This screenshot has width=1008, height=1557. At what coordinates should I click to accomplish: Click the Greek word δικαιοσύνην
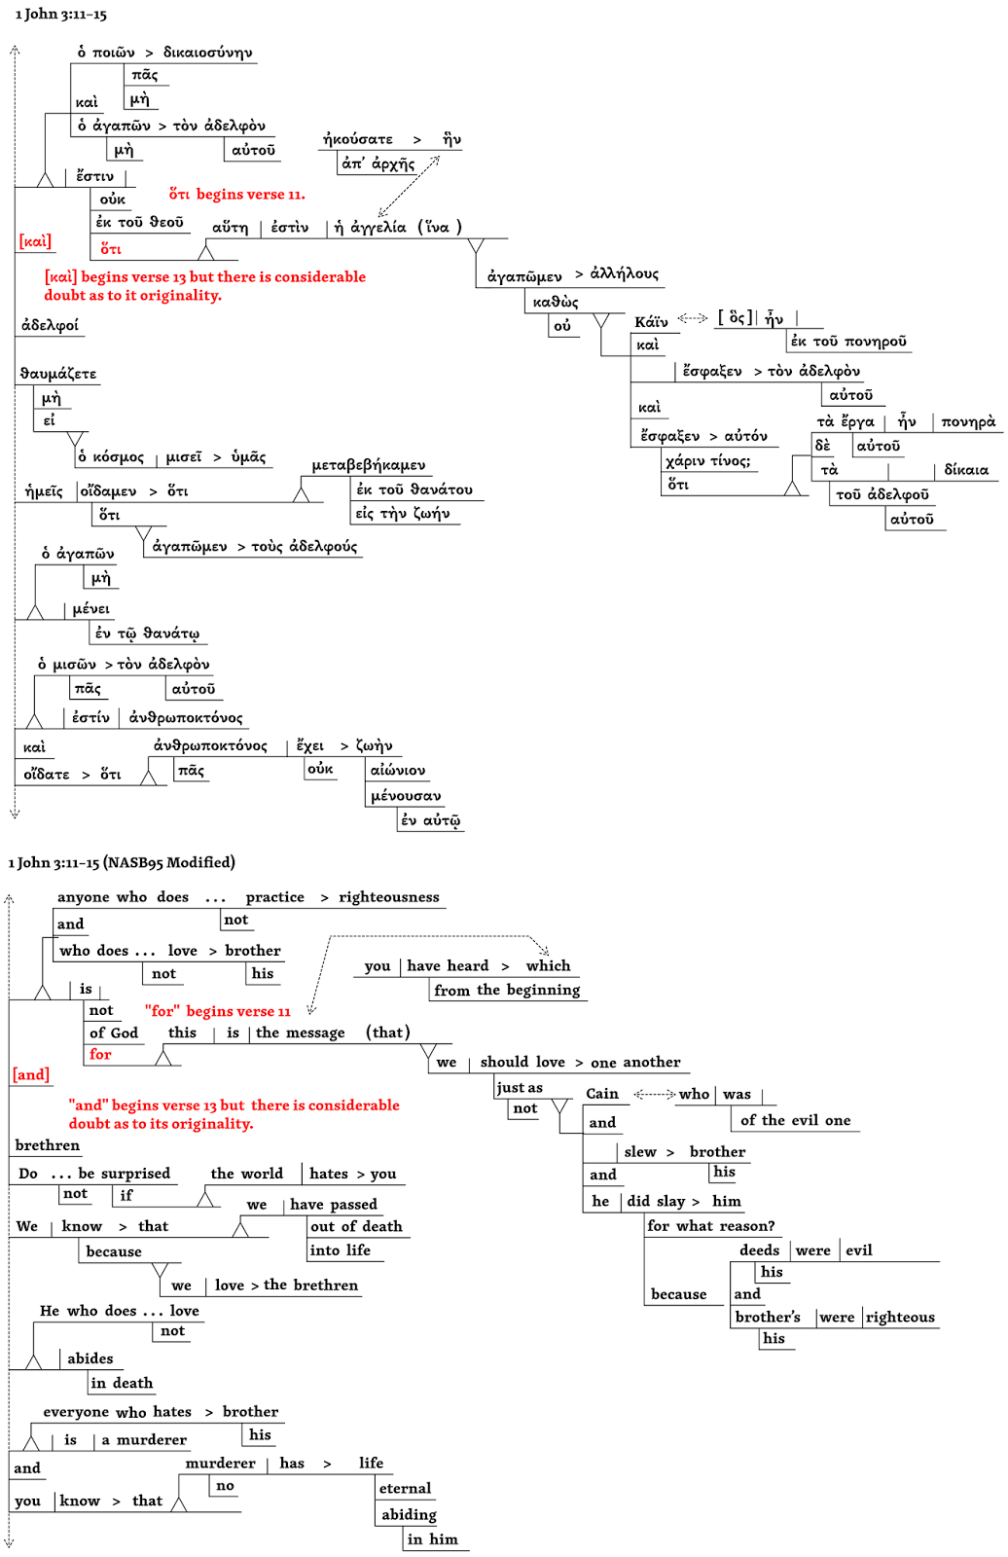pos(208,53)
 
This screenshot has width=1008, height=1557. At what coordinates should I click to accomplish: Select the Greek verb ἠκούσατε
pos(358,139)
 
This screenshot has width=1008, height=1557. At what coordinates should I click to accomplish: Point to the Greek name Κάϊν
pos(651,322)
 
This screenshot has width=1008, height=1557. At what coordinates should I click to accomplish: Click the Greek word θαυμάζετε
pos(58,374)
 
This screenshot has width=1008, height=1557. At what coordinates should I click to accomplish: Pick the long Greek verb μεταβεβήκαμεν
pos(369,465)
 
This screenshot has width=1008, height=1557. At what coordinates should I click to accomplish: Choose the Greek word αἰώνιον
pos(398,771)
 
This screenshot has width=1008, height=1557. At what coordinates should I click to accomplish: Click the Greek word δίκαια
pos(966,470)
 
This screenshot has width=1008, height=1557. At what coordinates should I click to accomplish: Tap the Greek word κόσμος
pos(118,457)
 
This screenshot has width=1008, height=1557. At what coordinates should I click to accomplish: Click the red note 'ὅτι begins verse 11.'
pos(236,195)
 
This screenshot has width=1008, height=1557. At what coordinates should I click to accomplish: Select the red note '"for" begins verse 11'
pos(218,1012)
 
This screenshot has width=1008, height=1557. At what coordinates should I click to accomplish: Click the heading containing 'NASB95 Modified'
pos(122,862)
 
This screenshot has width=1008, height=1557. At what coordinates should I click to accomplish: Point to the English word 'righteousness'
pos(389,897)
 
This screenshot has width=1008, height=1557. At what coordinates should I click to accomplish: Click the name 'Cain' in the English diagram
pos(602,1094)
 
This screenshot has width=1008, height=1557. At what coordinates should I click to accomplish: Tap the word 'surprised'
pos(136,1174)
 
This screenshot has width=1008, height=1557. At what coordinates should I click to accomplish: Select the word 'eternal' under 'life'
pos(405,1489)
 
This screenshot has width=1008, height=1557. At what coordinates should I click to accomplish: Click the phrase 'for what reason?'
pos(711,1226)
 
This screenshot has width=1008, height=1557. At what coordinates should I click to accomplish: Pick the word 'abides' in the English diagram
pos(90,1358)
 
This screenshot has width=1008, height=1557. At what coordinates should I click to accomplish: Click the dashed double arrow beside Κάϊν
pos(693,318)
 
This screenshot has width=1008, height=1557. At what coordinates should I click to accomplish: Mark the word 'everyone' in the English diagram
pos(76,1412)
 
